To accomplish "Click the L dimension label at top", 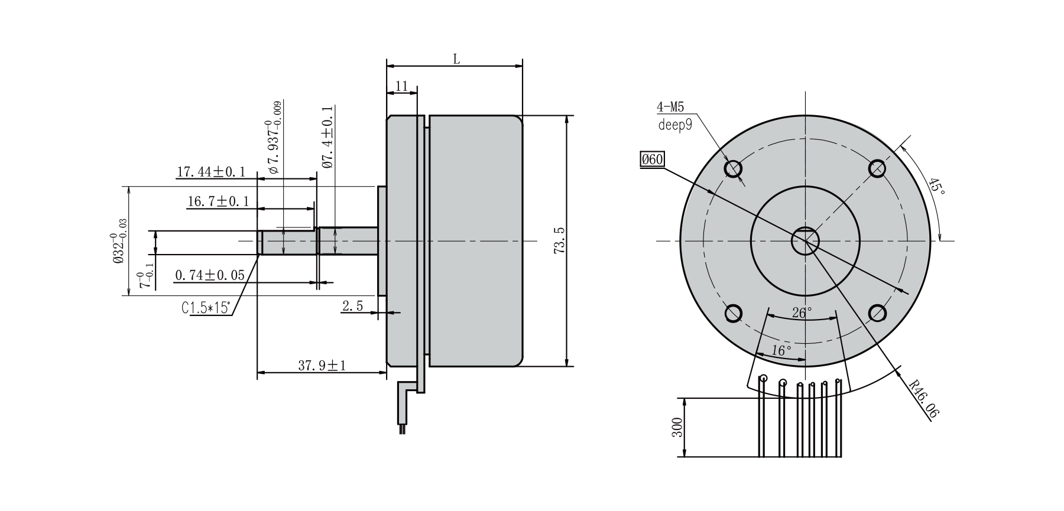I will coord(456,58).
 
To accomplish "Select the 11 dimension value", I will coord(401,86).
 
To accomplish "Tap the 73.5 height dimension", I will coord(560,240).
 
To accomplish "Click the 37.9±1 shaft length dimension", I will coord(322,366).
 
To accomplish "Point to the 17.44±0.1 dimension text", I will coord(211,172).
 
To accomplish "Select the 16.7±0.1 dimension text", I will coord(218,201).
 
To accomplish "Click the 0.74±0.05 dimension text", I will coord(210,275).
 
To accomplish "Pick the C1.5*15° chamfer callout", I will coord(206,308).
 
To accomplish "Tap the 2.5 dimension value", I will coord(352,306).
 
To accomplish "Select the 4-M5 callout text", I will coord(670,107).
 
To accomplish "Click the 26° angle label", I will coord(802,313).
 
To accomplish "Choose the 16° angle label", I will coord(781,350).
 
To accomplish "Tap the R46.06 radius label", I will coord(923,400).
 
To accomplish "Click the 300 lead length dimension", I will coord(677,427).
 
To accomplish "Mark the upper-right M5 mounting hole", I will coord(877,169).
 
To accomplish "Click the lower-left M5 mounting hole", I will coord(733,313).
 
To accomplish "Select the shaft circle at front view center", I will coord(805,240).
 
